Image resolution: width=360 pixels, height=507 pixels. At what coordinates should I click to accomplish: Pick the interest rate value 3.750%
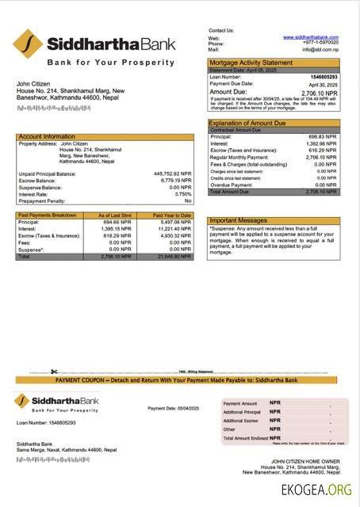[183, 194]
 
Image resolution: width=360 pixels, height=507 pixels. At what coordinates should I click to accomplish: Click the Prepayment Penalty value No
[188, 201]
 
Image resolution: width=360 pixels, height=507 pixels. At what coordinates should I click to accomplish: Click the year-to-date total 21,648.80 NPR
[174, 257]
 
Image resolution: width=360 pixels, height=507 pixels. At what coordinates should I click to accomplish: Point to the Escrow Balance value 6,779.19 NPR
[176, 180]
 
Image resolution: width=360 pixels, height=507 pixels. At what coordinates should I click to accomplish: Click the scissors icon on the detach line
[53, 372]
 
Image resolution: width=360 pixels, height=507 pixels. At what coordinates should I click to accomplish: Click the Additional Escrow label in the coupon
[240, 421]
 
